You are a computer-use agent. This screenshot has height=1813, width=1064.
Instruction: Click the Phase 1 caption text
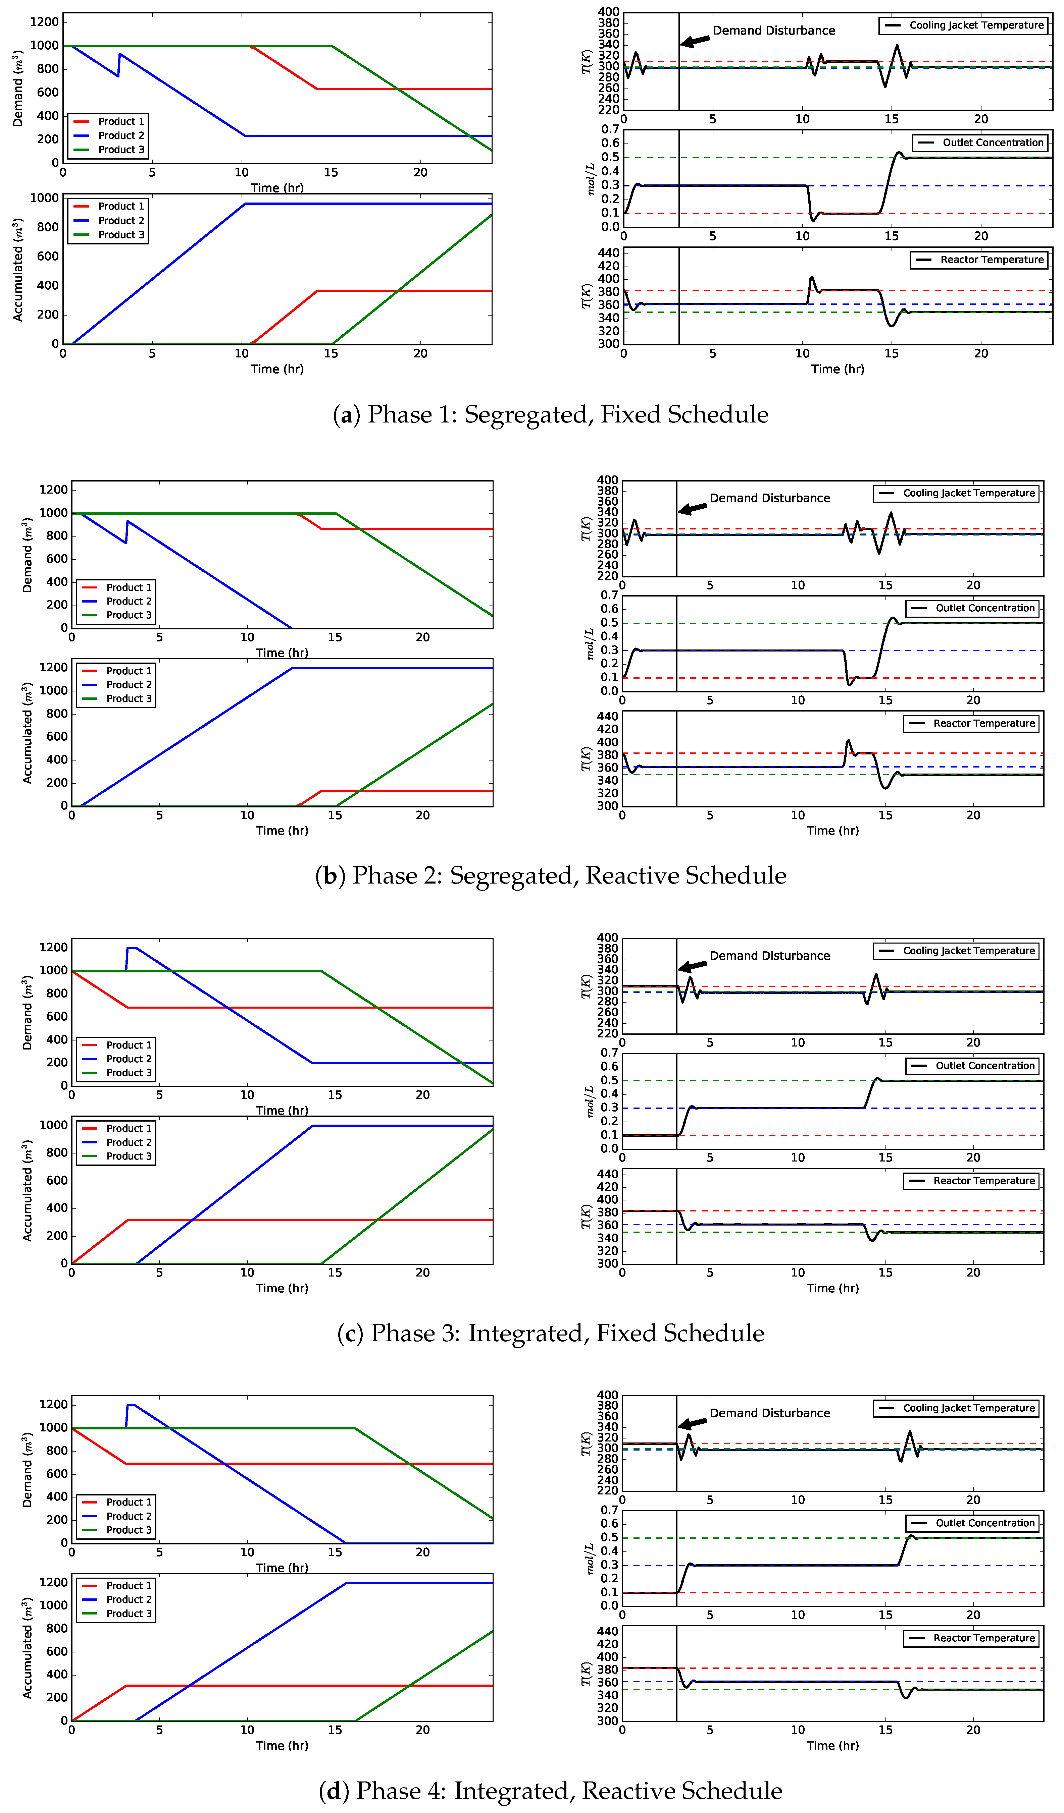click(x=551, y=415)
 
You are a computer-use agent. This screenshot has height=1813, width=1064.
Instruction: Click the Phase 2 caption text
click(x=551, y=875)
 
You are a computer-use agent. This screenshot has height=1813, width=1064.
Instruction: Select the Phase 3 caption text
click(x=551, y=1333)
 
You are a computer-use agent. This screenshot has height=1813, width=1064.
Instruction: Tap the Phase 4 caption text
click(x=551, y=1791)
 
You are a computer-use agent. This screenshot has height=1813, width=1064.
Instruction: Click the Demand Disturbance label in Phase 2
click(x=770, y=498)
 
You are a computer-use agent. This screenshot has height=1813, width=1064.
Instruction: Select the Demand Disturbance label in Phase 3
click(x=770, y=955)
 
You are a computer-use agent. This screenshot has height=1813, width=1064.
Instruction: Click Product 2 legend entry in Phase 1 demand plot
click(x=121, y=135)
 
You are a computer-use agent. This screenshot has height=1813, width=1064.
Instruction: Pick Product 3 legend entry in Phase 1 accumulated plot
click(x=121, y=234)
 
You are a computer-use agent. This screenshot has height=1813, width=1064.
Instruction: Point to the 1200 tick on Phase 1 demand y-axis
click(x=44, y=22)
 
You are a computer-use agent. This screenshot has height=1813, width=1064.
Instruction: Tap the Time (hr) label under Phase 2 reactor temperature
click(x=832, y=830)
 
